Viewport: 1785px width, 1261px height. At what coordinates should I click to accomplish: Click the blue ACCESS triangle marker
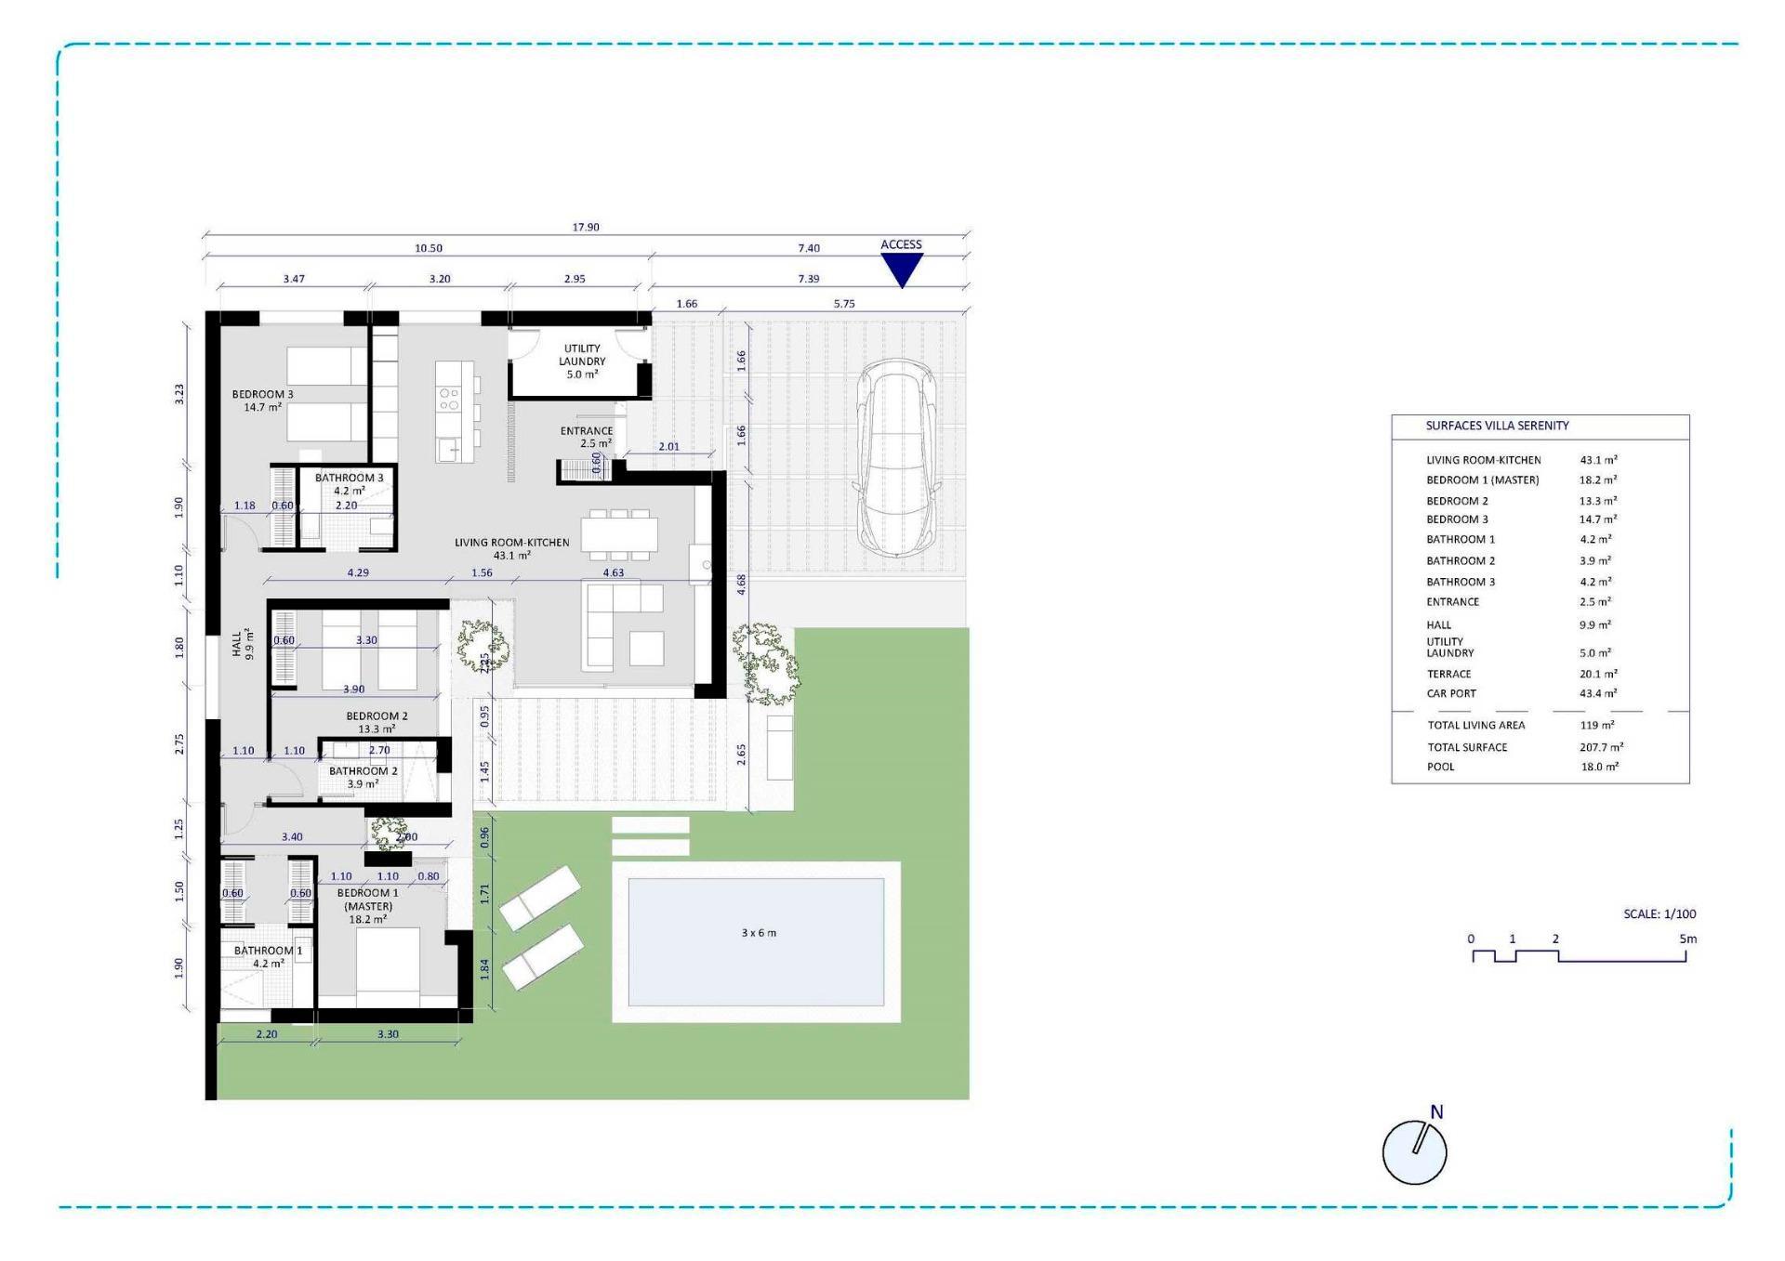pos(901,269)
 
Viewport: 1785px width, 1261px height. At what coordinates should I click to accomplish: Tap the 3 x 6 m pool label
pos(759,932)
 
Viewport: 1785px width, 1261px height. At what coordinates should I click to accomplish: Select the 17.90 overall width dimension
pos(586,227)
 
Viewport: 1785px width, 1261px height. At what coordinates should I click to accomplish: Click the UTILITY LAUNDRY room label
pos(582,361)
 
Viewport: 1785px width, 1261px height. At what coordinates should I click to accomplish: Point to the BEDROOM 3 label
pos(262,401)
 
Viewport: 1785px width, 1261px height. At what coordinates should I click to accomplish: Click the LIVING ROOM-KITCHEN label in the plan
pos(511,548)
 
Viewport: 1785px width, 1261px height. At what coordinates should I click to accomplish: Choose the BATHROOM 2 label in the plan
pos(363,777)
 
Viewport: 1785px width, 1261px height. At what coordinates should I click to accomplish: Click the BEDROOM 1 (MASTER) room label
pos(368,906)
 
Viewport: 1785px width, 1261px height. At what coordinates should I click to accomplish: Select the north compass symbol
pos(1414,1151)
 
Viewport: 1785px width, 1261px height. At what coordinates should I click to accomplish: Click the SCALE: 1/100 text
pos(1659,913)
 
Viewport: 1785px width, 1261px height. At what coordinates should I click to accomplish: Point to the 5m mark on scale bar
pos(1687,939)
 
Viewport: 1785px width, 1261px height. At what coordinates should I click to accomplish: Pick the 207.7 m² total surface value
pos(1600,747)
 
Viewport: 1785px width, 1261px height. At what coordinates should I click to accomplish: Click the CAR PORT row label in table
pos(1451,693)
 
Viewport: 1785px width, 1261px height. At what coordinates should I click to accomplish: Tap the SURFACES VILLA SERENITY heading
pos(1497,426)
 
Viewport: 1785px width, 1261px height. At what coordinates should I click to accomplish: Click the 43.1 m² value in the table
pos(1598,460)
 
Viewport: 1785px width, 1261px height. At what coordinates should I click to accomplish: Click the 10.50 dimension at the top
pos(429,248)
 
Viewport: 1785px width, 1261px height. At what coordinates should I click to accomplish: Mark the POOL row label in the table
pos(1441,767)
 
